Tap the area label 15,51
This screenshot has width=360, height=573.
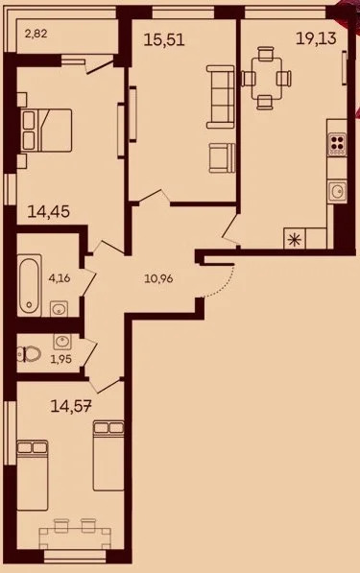coord(165,40)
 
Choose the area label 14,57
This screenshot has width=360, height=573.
coord(73,407)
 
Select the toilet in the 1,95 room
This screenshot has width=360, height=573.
coord(26,352)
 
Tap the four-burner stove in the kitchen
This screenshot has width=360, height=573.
coord(337,145)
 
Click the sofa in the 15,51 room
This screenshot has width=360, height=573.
coord(222,97)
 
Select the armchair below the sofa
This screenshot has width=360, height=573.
coord(221,155)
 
